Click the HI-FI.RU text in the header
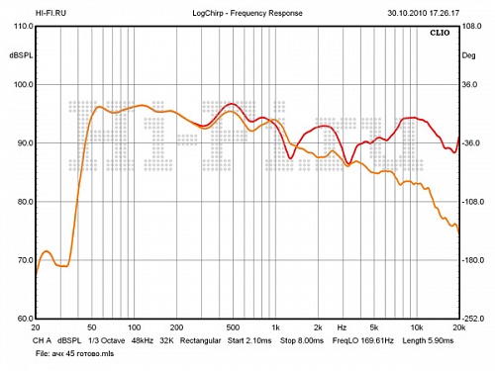pyautogui.click(x=50, y=13)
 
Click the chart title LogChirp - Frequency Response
pyautogui.click(x=247, y=13)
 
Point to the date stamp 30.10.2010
pyautogui.click(x=407, y=13)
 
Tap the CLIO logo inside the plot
pyautogui.click(x=440, y=33)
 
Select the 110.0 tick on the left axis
pyautogui.click(x=24, y=26)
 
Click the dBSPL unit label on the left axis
pyautogui.click(x=22, y=55)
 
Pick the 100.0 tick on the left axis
pyautogui.click(x=24, y=84)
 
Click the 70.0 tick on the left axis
pyautogui.click(x=26, y=260)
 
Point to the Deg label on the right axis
pyautogui.click(x=468, y=55)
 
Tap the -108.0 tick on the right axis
pyautogui.click(x=473, y=202)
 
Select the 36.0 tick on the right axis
pyautogui.click(x=469, y=84)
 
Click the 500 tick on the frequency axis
pyautogui.click(x=233, y=327)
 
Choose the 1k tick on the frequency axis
pyautogui.click(x=275, y=327)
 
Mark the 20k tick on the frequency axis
pyautogui.click(x=459, y=327)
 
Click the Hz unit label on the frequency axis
pyautogui.click(x=342, y=327)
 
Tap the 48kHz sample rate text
pyautogui.click(x=143, y=340)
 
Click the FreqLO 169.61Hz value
pyautogui.click(x=363, y=340)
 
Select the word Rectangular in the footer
pyautogui.click(x=200, y=340)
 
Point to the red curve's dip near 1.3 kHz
pyautogui.click(x=290, y=158)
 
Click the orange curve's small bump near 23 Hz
pyautogui.click(x=47, y=251)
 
